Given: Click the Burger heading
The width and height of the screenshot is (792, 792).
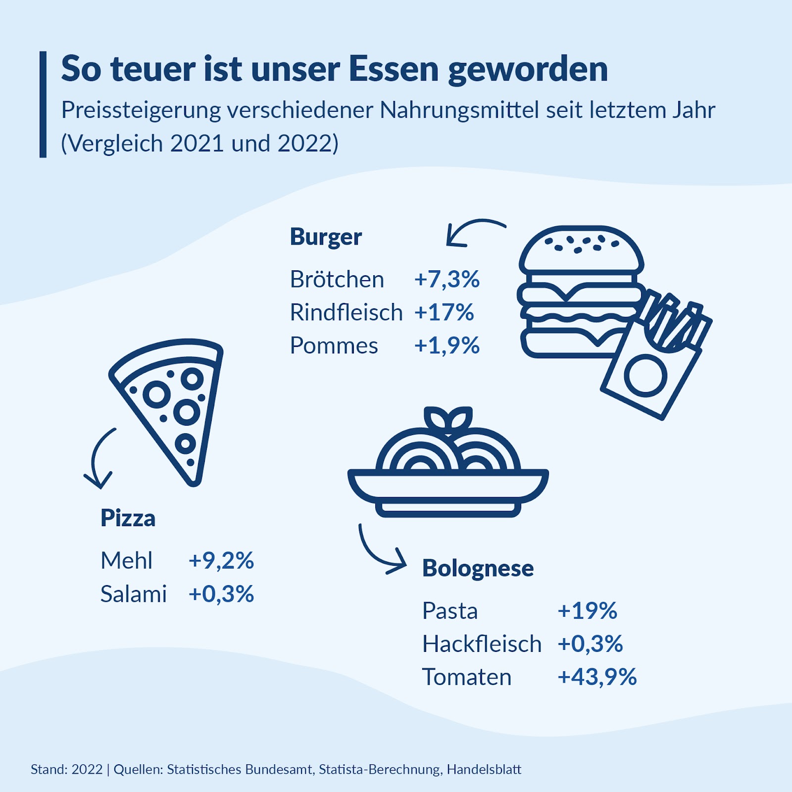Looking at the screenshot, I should click(x=326, y=237).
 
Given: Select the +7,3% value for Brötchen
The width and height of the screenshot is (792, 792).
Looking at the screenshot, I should click(x=446, y=279).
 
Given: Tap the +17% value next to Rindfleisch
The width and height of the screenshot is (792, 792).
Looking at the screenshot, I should click(x=444, y=312).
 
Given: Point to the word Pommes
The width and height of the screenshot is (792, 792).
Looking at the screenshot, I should click(x=334, y=346).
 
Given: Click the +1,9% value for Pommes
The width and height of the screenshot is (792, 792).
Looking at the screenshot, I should click(x=446, y=346).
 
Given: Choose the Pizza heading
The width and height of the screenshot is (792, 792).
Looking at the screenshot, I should click(x=128, y=518).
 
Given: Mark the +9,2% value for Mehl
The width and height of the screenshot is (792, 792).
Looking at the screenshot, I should click(x=221, y=561).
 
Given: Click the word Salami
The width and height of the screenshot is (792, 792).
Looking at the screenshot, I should click(x=133, y=594).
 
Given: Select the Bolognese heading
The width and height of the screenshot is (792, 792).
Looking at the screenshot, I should click(x=478, y=568).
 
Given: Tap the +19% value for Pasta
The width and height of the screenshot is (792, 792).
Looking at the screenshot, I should click(x=587, y=611).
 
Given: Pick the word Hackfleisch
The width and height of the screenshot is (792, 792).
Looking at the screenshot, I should click(x=482, y=644).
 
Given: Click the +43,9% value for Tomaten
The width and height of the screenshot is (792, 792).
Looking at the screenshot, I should click(x=597, y=677).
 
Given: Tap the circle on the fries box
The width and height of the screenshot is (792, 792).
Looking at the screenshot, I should click(x=645, y=376).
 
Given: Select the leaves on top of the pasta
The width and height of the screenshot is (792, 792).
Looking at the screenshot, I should click(x=448, y=419).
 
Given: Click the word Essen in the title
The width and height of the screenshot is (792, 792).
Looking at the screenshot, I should click(x=394, y=69).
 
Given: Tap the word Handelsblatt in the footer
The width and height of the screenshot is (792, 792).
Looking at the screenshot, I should click(x=484, y=770).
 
